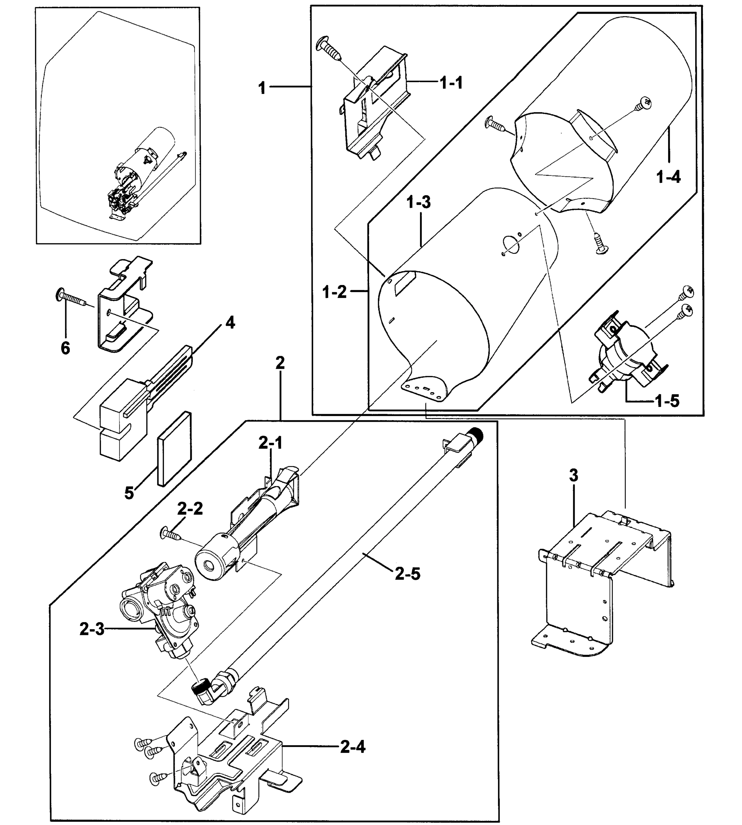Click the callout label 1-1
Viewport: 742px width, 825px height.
pos(451,83)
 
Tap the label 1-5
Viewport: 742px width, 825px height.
pos(667,401)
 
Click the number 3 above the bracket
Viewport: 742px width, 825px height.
pos(574,475)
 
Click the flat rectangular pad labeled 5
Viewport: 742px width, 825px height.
pos(175,449)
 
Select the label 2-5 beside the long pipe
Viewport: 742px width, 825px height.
pos(408,574)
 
